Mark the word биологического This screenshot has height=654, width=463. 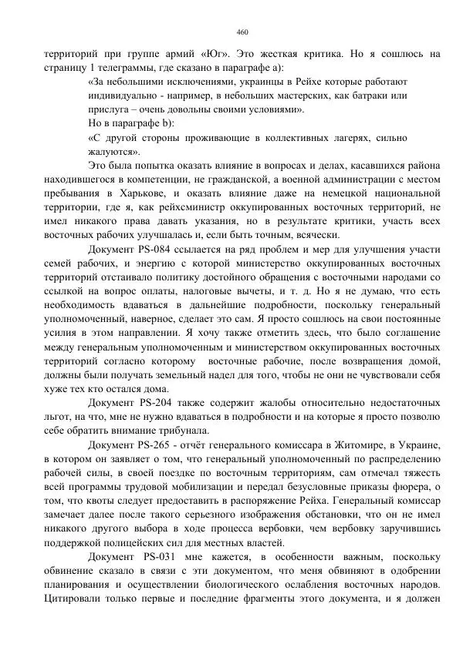tap(234, 584)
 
